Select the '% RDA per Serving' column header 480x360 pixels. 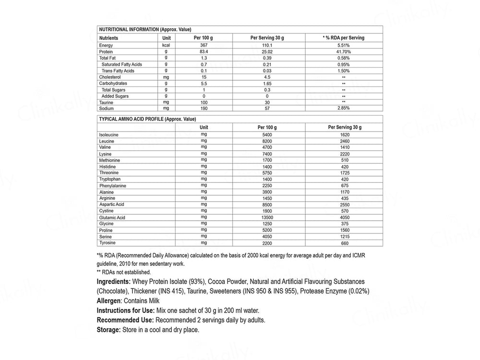(344, 37)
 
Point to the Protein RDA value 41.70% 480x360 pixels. (344, 51)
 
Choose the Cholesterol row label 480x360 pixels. (110, 77)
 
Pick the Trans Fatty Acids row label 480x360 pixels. (118, 71)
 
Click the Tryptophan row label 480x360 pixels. (110, 179)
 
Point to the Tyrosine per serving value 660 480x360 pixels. (344, 243)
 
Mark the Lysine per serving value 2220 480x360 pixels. (344, 154)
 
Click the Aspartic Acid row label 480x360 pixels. (112, 204)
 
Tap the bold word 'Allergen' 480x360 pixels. (110, 301)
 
